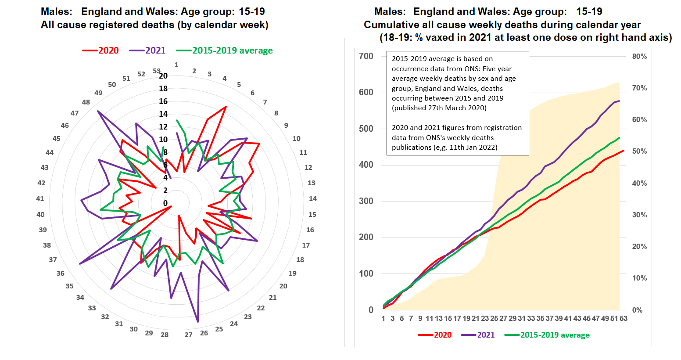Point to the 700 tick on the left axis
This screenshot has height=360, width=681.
pos(366,56)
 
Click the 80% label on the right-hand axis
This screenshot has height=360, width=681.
pos(639,56)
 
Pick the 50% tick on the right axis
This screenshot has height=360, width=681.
pos(639,151)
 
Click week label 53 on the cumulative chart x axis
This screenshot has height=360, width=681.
pos(624,318)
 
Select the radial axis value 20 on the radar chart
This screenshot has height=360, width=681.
pos(163,76)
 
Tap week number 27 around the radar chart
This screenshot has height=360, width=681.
pos(188,335)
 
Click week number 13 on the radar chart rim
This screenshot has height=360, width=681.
pos(312,183)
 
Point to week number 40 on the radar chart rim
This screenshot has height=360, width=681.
pos(40,214)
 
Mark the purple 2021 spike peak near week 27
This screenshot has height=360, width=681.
pos(197,322)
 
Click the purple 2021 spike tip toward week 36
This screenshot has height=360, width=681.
pos(79,264)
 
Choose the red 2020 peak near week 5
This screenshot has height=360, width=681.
pos(226,107)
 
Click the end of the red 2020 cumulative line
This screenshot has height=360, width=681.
pos(624,151)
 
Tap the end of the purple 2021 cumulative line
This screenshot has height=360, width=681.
pos(619,101)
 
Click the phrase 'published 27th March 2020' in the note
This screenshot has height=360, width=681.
pos(439,108)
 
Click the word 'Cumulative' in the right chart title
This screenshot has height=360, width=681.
pos(391,25)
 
